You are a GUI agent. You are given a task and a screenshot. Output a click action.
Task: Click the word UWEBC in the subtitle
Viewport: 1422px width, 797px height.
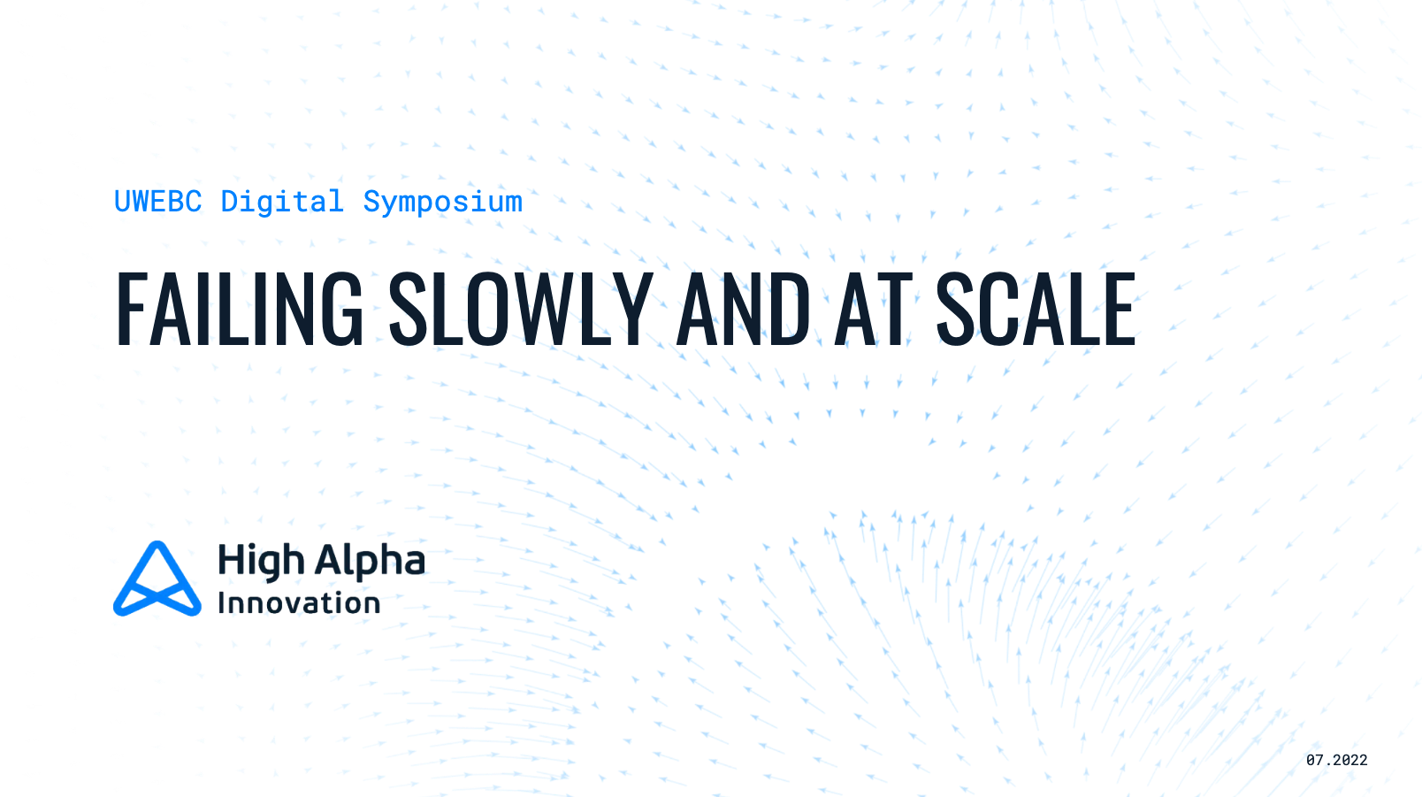pyautogui.click(x=157, y=202)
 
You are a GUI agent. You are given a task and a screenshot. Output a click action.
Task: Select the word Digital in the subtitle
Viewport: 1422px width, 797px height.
pyautogui.click(x=282, y=202)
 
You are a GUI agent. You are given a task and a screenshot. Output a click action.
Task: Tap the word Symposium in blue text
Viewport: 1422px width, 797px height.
pyautogui.click(x=442, y=202)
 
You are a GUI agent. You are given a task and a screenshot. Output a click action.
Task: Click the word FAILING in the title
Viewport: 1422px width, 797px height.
pyautogui.click(x=240, y=310)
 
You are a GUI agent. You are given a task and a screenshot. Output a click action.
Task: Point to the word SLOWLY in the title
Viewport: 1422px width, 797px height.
pyautogui.click(x=521, y=310)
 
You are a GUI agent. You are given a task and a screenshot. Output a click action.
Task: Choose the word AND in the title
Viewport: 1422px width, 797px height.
pyautogui.click(x=744, y=310)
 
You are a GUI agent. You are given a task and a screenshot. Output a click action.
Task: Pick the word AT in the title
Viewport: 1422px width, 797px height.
pyautogui.click(x=873, y=310)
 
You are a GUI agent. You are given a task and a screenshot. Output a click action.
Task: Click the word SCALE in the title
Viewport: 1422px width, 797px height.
pyautogui.click(x=1036, y=310)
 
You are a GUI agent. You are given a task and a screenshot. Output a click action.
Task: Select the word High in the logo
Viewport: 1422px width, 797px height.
pyautogui.click(x=261, y=561)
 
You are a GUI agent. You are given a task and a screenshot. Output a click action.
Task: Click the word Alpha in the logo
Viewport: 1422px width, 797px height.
pyautogui.click(x=370, y=561)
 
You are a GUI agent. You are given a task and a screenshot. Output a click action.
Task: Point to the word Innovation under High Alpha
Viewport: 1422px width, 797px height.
pyautogui.click(x=299, y=603)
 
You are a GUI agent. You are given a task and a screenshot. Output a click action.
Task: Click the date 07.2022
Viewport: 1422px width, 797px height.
pyautogui.click(x=1336, y=760)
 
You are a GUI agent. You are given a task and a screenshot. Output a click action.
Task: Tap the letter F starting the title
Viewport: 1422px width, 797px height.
pyautogui.click(x=130, y=310)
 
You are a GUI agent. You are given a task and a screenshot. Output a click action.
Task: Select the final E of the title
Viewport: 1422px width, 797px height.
pyautogui.click(x=1120, y=310)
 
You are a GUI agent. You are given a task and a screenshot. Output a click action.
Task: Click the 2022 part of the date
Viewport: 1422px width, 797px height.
pyautogui.click(x=1349, y=760)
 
